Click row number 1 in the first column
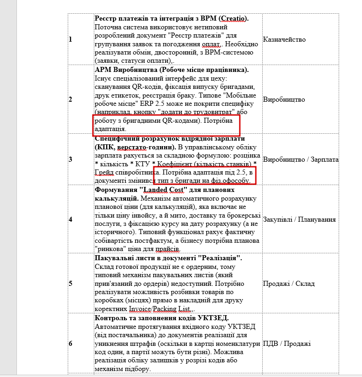[70, 39]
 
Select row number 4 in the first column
[70, 219]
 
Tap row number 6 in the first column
[70, 344]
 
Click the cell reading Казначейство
[284, 39]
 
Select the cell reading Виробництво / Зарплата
[301, 159]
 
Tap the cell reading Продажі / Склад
[289, 283]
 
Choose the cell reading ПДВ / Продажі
[287, 344]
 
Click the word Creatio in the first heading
[232, 19]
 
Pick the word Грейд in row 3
[104, 172]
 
